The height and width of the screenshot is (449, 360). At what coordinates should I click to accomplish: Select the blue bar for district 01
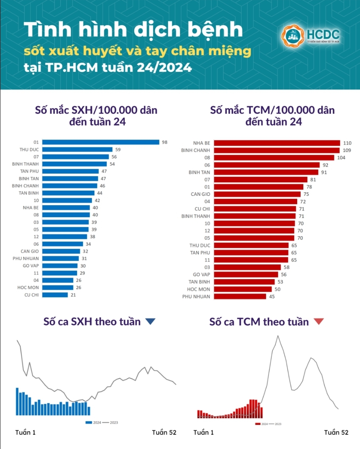[x=100, y=142]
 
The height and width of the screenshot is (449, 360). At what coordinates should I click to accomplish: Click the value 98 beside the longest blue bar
[x=165, y=142]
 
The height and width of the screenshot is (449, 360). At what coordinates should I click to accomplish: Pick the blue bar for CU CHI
[x=55, y=295]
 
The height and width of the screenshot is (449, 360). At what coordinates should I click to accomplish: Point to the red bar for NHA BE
[x=277, y=143]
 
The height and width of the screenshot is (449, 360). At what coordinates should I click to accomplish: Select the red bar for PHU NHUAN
[x=240, y=297]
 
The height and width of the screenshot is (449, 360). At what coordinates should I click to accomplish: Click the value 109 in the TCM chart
[x=346, y=150]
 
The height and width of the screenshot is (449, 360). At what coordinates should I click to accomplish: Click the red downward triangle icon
[x=318, y=322]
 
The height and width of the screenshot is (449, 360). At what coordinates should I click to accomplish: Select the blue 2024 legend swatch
[x=89, y=422]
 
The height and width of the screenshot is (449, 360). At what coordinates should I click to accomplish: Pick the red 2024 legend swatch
[x=258, y=424]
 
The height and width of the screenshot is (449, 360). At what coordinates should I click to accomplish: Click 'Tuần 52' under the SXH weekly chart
[x=164, y=432]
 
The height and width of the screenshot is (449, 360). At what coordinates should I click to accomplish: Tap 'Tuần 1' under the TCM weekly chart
[x=203, y=432]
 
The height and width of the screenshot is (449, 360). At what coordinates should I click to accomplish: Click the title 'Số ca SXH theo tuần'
[x=92, y=321]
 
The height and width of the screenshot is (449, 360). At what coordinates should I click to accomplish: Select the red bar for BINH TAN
[x=266, y=172]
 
